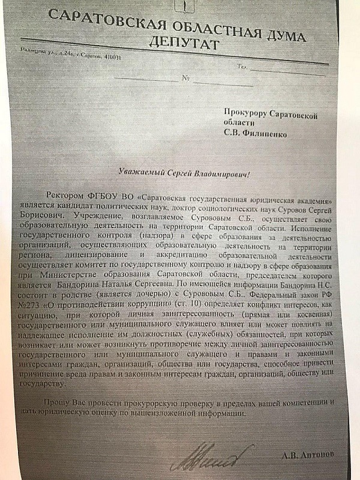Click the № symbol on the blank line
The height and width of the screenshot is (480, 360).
pyautogui.click(x=185, y=79)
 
